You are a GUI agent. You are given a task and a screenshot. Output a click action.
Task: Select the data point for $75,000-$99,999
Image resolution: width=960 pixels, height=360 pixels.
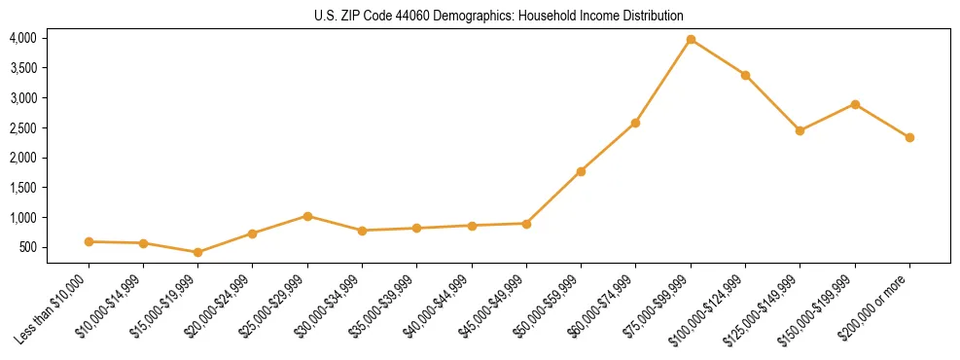coord(691,40)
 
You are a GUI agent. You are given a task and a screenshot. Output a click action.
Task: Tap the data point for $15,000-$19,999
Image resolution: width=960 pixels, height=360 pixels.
coord(198,252)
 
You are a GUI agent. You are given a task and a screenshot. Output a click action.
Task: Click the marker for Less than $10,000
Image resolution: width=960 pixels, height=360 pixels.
coord(89,241)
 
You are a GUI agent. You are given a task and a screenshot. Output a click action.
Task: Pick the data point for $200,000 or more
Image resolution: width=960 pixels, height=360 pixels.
coord(909,137)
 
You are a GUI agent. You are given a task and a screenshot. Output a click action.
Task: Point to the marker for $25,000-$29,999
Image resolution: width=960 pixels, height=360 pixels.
coord(307,216)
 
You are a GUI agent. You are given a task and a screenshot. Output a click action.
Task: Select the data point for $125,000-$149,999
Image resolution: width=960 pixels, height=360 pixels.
coord(800,130)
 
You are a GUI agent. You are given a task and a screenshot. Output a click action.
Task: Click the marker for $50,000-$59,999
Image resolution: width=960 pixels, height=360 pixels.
coord(581,171)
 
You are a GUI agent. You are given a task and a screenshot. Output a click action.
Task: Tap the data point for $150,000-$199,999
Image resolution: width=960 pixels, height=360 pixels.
coord(855,104)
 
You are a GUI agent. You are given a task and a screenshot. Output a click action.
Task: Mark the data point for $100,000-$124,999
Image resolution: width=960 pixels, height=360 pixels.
coord(745,75)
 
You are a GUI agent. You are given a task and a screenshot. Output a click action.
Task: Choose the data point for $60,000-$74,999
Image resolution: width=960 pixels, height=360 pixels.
coord(635,123)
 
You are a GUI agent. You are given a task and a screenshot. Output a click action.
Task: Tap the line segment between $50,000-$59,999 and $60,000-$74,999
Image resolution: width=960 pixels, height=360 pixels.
coord(608,147)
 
